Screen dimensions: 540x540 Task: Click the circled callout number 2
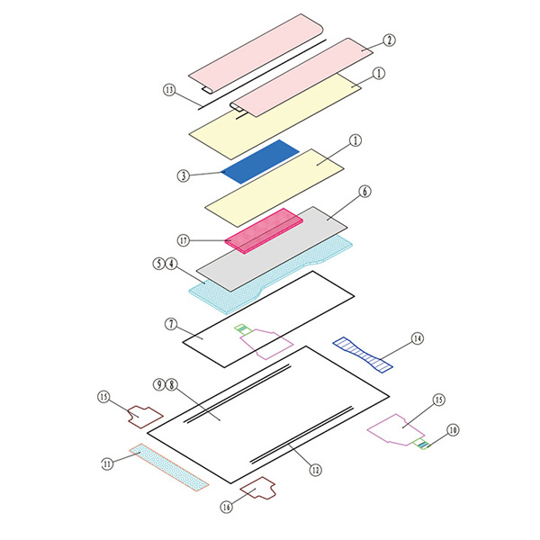[x=389, y=40]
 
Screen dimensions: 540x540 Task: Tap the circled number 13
[x=169, y=90]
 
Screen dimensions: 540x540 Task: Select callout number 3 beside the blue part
[x=184, y=176]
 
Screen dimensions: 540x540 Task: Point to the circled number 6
[x=365, y=192]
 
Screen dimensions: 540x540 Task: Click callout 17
[x=184, y=240]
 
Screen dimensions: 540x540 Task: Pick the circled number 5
[x=158, y=264]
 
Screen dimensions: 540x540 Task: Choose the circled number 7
[x=171, y=324]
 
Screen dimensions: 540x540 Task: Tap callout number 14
[x=418, y=339]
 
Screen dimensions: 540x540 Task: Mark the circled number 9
[x=159, y=384]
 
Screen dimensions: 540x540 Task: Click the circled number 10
[x=453, y=430]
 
